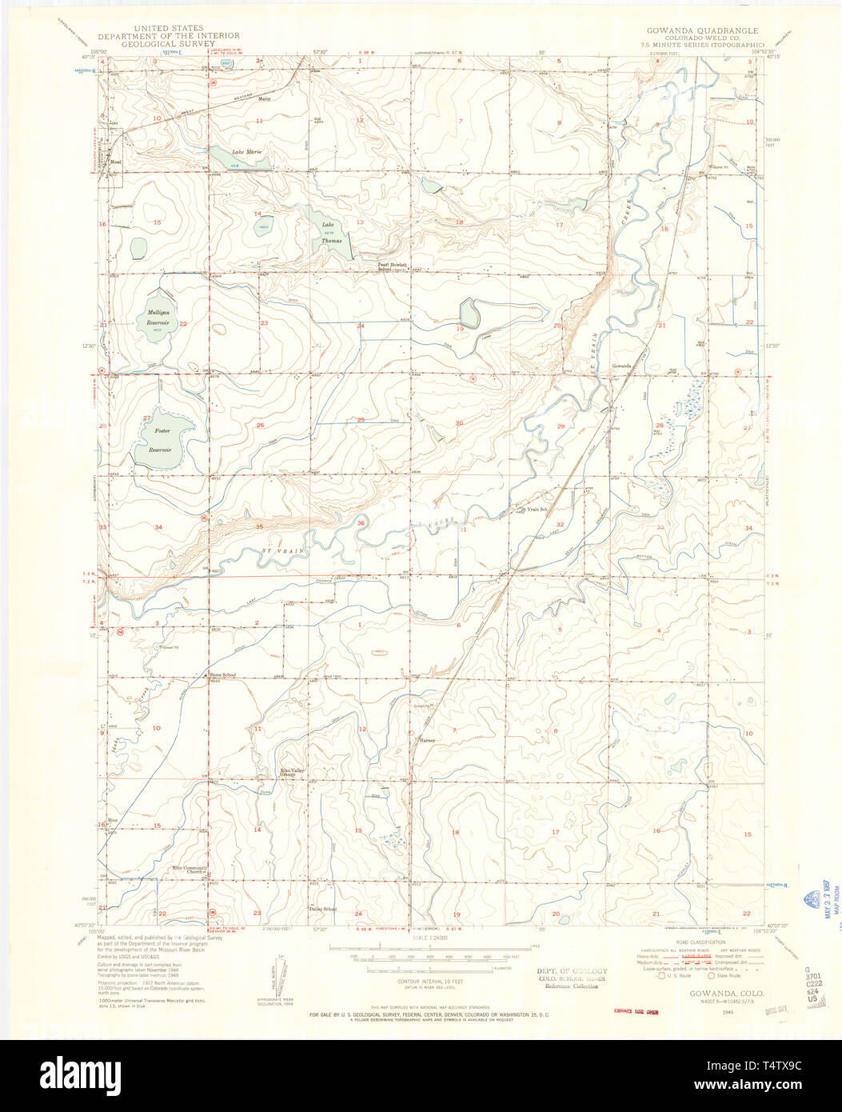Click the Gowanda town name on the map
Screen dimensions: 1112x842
click(x=622, y=366)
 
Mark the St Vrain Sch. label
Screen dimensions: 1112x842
click(x=533, y=510)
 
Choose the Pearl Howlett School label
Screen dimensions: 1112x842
click(x=393, y=266)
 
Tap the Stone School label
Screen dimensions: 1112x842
click(x=222, y=675)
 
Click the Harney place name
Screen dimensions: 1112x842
click(x=426, y=741)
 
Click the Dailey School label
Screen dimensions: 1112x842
click(x=322, y=909)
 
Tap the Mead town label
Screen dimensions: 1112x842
click(x=114, y=158)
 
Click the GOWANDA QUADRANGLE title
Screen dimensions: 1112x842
click(x=702, y=30)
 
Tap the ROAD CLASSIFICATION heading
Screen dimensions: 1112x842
click(x=687, y=942)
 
